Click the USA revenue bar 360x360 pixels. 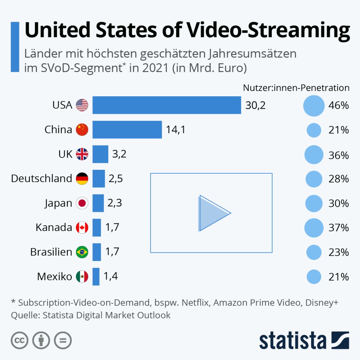point(167,105)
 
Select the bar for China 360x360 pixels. point(127,130)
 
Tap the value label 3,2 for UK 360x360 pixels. point(119,154)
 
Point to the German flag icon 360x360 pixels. point(82,179)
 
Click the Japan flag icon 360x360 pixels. point(82,203)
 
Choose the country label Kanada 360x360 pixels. point(54,227)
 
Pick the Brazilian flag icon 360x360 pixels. point(82,252)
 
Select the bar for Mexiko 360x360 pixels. point(96,277)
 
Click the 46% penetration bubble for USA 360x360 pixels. point(314,105)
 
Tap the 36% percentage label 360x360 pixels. point(339,155)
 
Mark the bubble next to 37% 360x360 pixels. point(314,228)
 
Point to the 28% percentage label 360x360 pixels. point(339,179)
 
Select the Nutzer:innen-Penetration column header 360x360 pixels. point(296,88)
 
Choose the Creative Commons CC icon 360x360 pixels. point(20,340)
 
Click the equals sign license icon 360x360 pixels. point(63,340)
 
